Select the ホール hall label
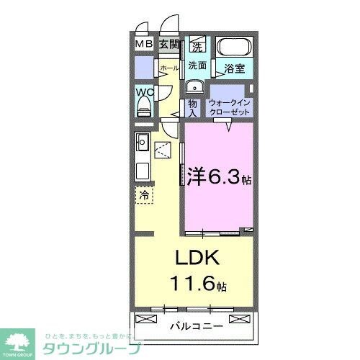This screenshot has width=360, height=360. pos(168,68)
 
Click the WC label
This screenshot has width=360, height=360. pos(143,93)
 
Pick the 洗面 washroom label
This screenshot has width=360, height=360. pos(197,66)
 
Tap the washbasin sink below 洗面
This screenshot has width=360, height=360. pos(193,87)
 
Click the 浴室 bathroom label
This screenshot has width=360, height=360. pos(234,70)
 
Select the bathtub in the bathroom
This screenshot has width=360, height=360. pos(234,50)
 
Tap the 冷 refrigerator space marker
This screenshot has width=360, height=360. pos(143,194)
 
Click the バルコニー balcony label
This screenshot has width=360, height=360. pos(195,326)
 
